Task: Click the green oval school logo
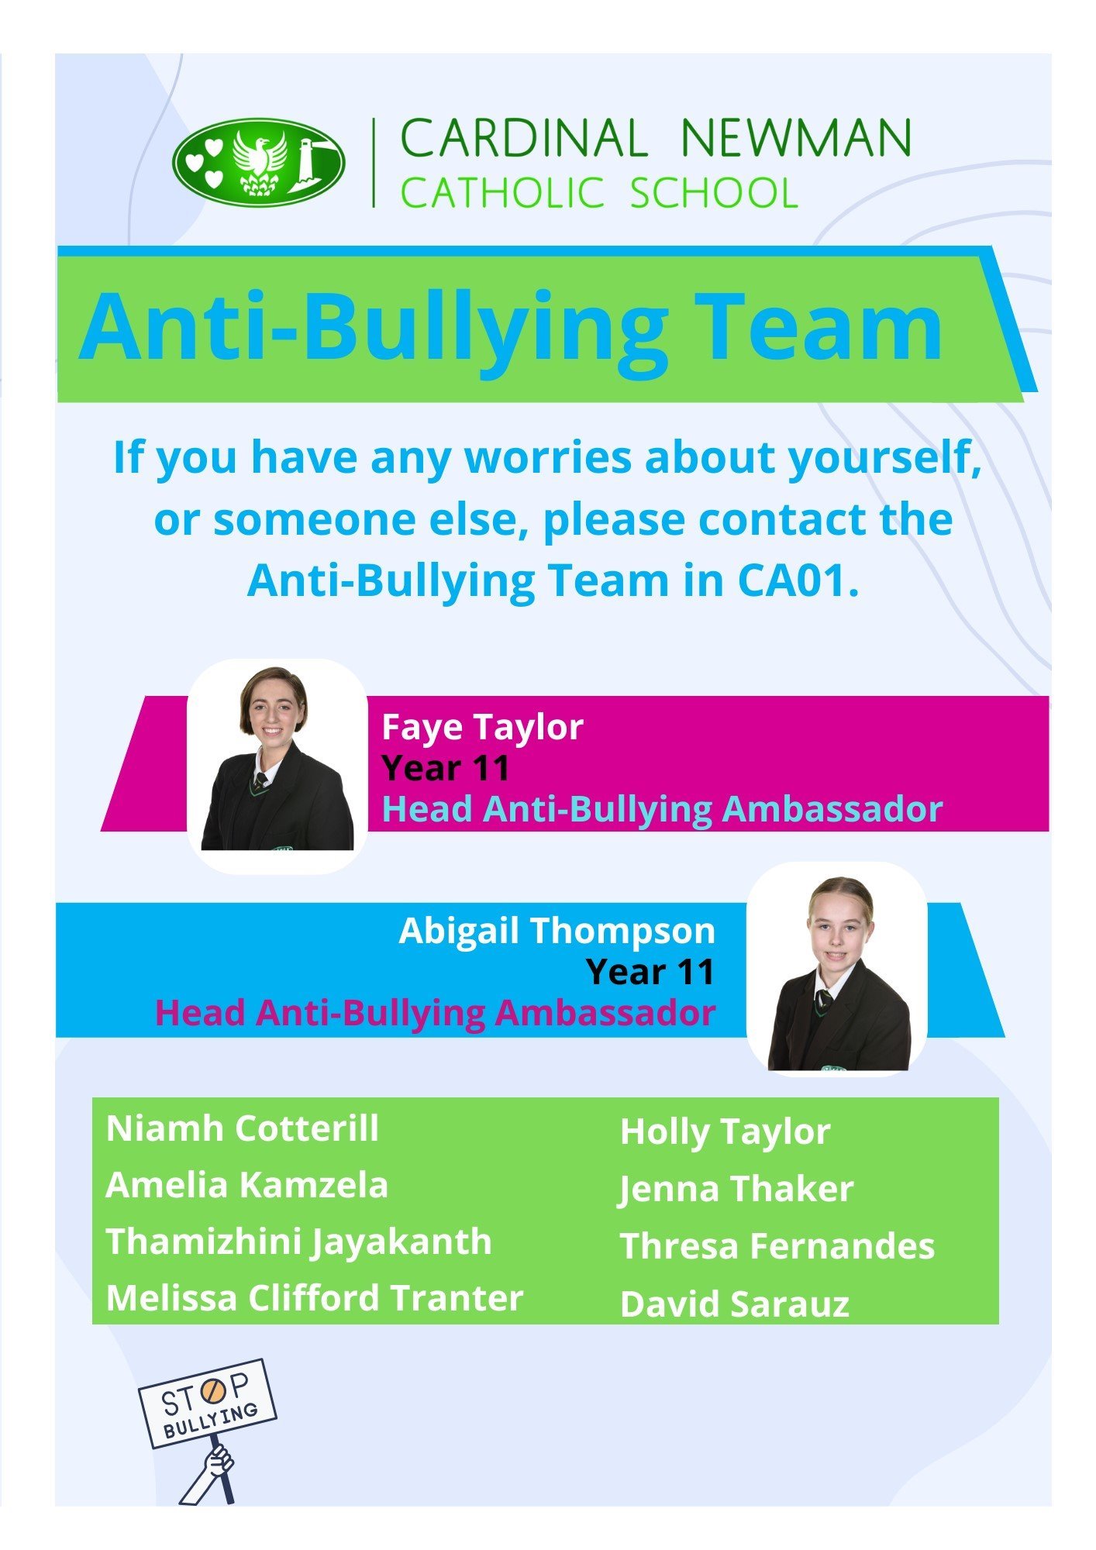[x=258, y=162]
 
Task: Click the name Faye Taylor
[x=482, y=727]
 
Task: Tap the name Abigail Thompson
[x=557, y=931]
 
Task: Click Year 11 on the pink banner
[x=446, y=768]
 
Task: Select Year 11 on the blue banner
[x=650, y=972]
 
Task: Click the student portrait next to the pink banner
[x=277, y=765]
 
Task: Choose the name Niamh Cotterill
[x=243, y=1128]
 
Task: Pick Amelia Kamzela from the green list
[x=246, y=1185]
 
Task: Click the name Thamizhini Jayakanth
[x=299, y=1242]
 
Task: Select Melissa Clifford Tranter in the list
[x=315, y=1298]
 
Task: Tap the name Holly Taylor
[x=725, y=1132]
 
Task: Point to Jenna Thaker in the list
[x=736, y=1189]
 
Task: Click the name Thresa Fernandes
[x=777, y=1246]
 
